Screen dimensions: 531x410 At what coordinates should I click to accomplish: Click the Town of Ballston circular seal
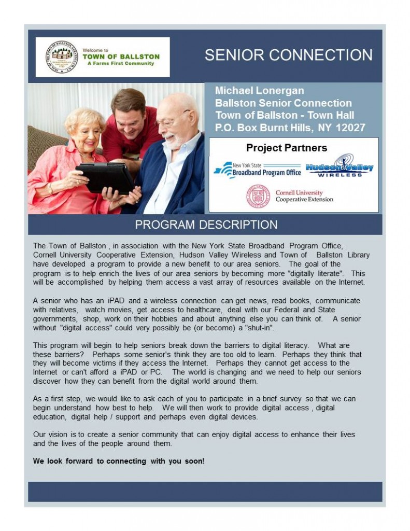(61, 57)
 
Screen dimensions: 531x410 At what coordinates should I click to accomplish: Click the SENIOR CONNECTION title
(288, 55)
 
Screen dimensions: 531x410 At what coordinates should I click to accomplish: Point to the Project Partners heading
(287, 148)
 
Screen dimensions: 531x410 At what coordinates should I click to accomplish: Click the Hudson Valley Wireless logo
(340, 167)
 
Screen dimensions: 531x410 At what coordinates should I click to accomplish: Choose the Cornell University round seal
(258, 197)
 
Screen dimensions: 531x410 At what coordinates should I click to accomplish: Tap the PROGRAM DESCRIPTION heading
(206, 225)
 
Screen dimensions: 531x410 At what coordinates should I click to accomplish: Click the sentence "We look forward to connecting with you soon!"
(119, 460)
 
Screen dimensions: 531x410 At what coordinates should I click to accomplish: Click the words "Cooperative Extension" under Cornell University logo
(304, 200)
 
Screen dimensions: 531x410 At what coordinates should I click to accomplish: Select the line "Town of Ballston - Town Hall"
(285, 115)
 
